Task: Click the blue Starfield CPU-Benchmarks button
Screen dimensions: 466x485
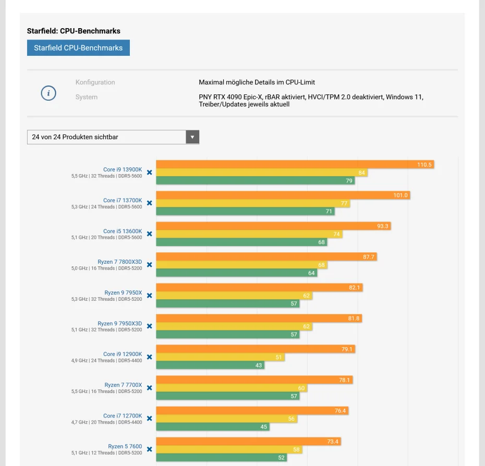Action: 78,48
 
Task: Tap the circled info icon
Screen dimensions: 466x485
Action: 48,93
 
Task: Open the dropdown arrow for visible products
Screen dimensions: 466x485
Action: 192,137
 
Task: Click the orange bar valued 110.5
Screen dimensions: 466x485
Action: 295,165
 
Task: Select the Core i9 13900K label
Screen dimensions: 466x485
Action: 123,169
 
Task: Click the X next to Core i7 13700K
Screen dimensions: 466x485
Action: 150,203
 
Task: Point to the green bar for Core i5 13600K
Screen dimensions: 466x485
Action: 241,242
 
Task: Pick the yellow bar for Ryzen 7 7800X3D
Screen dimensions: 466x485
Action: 241,265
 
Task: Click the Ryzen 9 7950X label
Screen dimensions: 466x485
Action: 123,293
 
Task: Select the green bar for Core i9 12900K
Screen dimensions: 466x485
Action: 210,365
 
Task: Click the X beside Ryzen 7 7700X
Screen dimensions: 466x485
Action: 150,388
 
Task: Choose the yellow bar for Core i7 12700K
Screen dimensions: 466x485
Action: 226,419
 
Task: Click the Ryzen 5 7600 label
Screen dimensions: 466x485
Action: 125,446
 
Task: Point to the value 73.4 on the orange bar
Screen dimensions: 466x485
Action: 333,442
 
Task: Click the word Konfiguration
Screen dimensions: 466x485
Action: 95,82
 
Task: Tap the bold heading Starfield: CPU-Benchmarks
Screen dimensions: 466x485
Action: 74,31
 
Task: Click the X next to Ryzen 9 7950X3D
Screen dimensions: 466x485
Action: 150,326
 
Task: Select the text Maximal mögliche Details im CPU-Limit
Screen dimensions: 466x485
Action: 257,82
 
